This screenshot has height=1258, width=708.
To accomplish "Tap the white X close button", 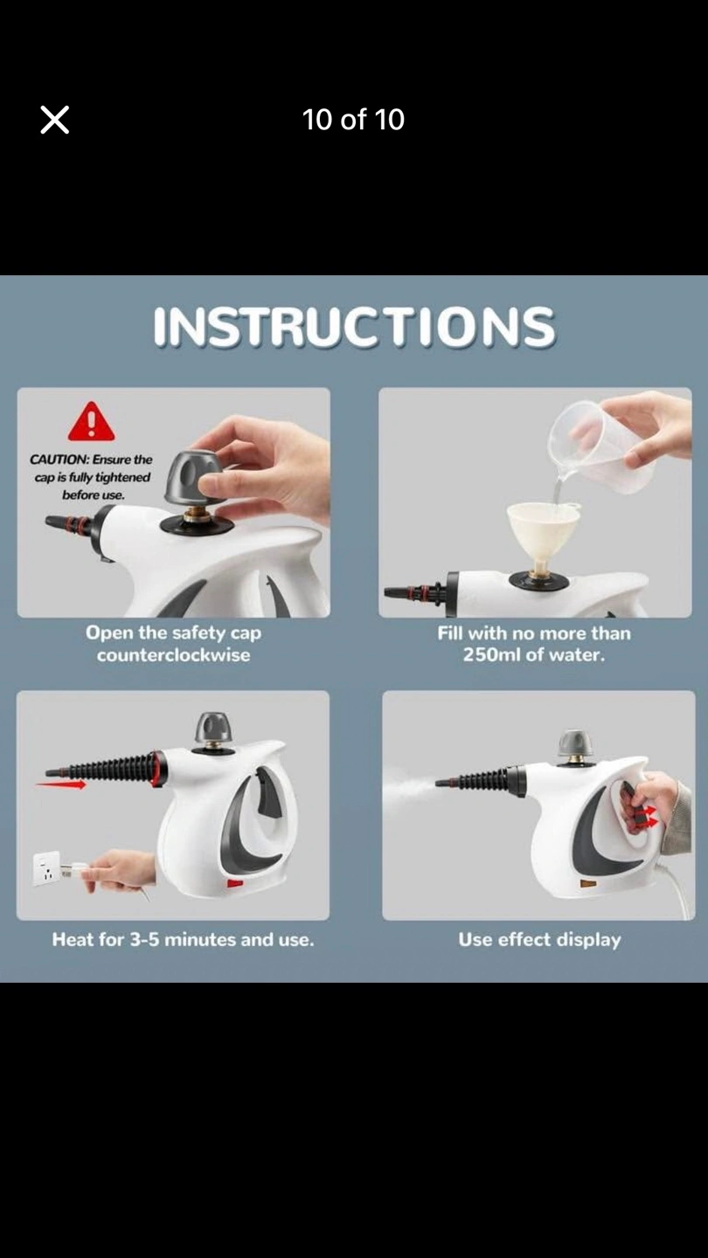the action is [54, 120].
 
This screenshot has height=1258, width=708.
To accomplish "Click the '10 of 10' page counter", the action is [353, 120].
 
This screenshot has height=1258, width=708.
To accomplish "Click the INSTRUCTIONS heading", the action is [354, 327].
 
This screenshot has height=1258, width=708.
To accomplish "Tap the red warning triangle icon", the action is [92, 421].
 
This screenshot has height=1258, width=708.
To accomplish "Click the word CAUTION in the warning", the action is [59, 460].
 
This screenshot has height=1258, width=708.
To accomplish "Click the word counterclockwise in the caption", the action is [173, 655].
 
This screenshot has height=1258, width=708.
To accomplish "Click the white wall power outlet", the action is [46, 868].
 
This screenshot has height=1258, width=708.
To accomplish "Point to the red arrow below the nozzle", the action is [61, 784].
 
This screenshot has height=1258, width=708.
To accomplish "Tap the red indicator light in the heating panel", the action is [235, 883].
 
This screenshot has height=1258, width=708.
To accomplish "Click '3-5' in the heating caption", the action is [144, 940].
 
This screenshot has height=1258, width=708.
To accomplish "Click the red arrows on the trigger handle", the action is [649, 817].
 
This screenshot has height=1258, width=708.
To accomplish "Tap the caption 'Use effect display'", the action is [539, 940].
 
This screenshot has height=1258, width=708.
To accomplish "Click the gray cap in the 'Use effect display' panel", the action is [574, 743].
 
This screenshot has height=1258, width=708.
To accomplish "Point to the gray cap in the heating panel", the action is [212, 727].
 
